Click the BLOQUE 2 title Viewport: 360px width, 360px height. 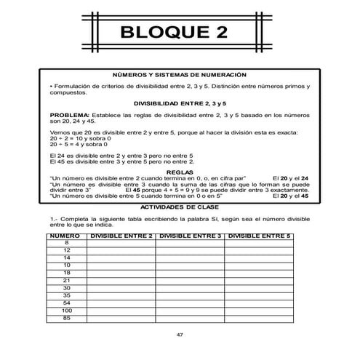180,33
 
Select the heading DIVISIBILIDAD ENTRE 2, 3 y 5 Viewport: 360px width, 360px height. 180,104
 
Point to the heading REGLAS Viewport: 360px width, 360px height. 180,172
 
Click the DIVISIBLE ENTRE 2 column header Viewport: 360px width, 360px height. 121,236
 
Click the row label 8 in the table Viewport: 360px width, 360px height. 66,242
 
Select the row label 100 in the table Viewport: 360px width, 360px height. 66,310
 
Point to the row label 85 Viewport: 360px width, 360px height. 66,317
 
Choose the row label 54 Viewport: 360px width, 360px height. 66,302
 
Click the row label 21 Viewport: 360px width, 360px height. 66,279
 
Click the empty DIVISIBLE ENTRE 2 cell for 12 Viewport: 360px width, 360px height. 121,249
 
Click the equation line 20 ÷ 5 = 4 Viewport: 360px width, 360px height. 80,145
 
